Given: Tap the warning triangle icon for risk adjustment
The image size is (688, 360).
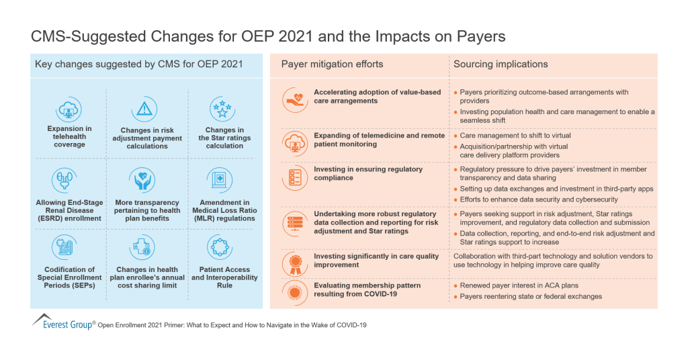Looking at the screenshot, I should (144, 109).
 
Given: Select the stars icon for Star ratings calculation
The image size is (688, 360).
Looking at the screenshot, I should (220, 109).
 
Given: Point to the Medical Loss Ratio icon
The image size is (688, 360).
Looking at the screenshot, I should (220, 181).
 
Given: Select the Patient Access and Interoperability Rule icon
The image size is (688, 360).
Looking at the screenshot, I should (220, 248).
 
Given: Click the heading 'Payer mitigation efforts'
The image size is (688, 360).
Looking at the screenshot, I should (332, 64).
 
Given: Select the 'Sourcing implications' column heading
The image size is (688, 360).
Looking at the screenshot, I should (501, 64).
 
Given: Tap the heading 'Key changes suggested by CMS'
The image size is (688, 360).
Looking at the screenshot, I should (139, 64).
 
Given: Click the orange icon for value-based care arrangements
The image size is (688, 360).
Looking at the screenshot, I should (293, 99).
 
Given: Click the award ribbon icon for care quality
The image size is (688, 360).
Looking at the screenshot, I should (293, 261).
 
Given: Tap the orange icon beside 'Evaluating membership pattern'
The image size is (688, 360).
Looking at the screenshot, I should (293, 291).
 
